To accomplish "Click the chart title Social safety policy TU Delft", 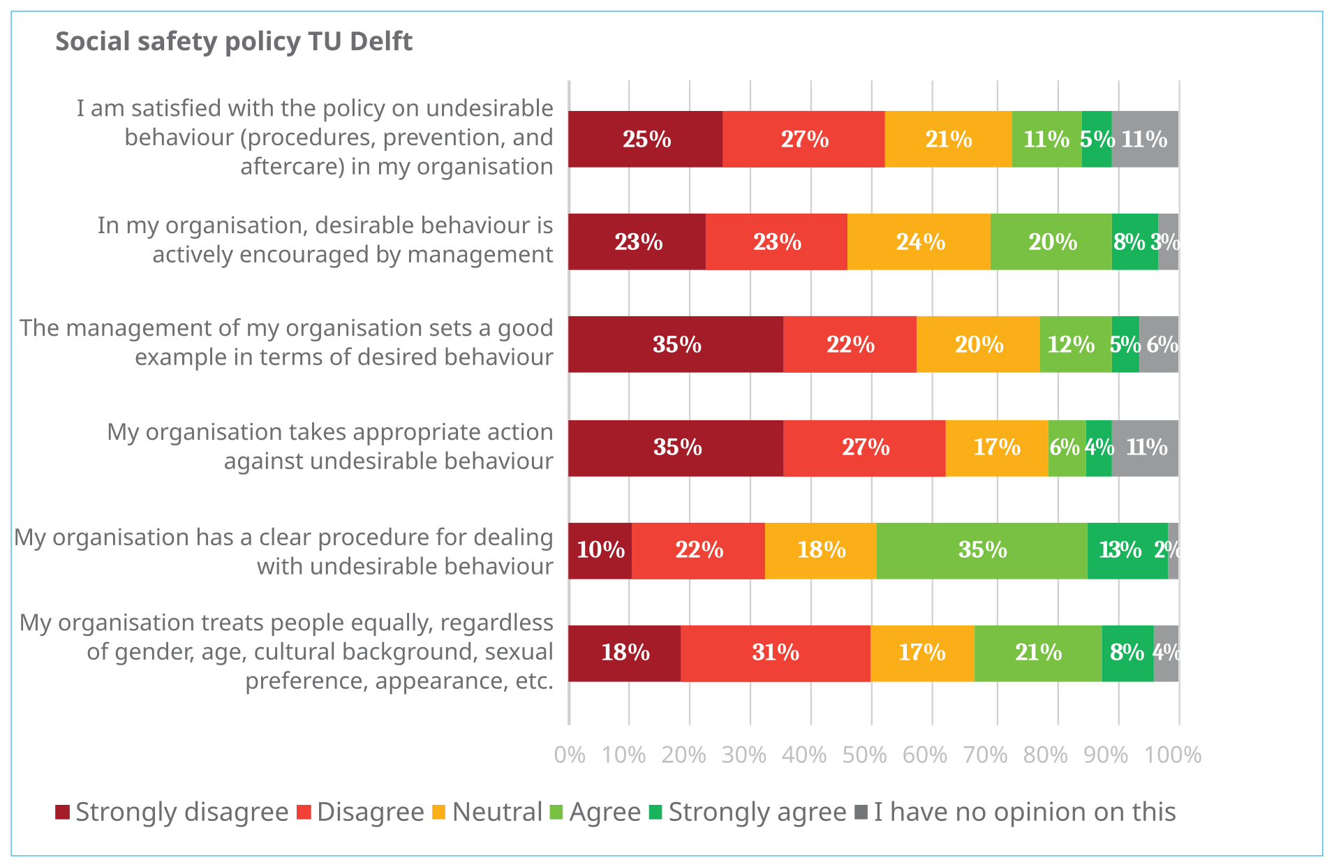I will pyautogui.click(x=234, y=42).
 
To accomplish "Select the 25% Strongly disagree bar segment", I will pyautogui.click(x=646, y=139).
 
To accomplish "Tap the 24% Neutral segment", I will pyautogui.click(x=919, y=242).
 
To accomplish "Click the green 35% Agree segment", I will pyautogui.click(x=981, y=550).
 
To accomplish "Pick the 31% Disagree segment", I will pyautogui.click(x=775, y=653).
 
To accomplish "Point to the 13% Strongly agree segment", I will pyautogui.click(x=1127, y=550).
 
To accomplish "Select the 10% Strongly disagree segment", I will pyautogui.click(x=600, y=550).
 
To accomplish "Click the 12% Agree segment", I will pyautogui.click(x=1075, y=344).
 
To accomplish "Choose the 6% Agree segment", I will pyautogui.click(x=1067, y=447).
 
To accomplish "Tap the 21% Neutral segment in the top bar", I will pyautogui.click(x=948, y=139).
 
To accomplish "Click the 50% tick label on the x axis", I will pyautogui.click(x=864, y=755).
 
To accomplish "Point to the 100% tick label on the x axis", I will pyautogui.click(x=1172, y=755).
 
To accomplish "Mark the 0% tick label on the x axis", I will pyautogui.click(x=569, y=755).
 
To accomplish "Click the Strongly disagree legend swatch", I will pyautogui.click(x=63, y=812).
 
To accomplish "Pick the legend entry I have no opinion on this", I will pyautogui.click(x=1024, y=812).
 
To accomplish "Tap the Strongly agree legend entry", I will pyautogui.click(x=757, y=812).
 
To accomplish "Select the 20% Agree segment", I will pyautogui.click(x=1051, y=242).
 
